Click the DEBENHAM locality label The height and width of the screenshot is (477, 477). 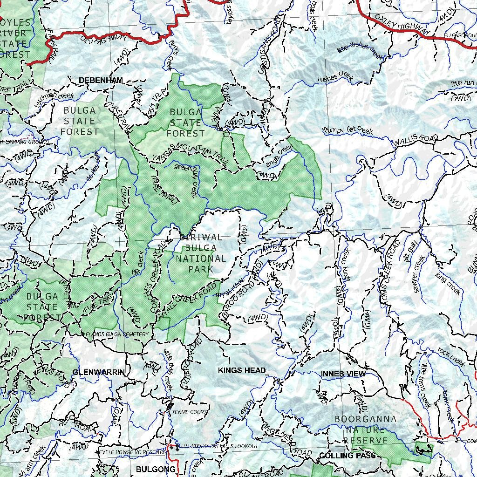pyautogui.click(x=101, y=80)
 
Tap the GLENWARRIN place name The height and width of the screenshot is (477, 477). pyautogui.click(x=99, y=372)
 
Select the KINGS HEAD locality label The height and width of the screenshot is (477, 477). pyautogui.click(x=242, y=370)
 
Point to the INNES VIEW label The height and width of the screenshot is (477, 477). pyautogui.click(x=343, y=374)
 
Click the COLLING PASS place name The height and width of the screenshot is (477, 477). pyautogui.click(x=348, y=455)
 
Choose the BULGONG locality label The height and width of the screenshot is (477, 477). pyautogui.click(x=156, y=469)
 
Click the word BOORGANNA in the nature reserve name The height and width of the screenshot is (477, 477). pyautogui.click(x=366, y=419)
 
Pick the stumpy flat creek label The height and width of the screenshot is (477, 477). pyautogui.click(x=348, y=130)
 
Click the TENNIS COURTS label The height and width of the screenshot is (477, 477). pyautogui.click(x=191, y=412)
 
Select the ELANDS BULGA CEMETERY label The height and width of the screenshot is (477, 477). pyautogui.click(x=117, y=334)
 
